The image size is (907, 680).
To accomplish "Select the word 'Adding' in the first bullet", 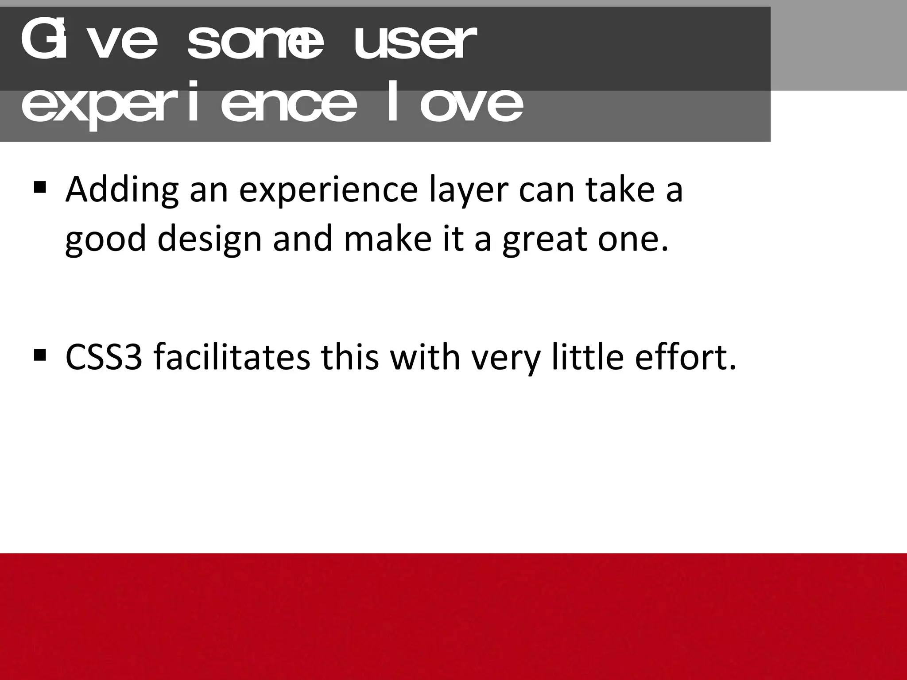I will tap(122, 190).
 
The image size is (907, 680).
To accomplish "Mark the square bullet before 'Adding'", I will tap(39, 188).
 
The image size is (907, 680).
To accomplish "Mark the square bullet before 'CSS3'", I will tap(39, 355).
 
